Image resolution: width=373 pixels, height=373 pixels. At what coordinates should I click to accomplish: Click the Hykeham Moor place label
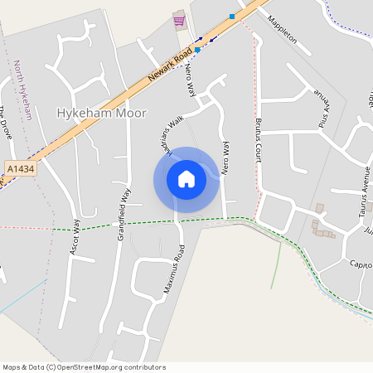(x=101, y=113)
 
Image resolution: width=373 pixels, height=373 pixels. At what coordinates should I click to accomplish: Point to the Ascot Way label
(x=75, y=237)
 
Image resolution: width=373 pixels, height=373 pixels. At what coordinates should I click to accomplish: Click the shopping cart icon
(x=179, y=20)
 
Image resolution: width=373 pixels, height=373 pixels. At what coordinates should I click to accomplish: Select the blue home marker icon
(x=186, y=179)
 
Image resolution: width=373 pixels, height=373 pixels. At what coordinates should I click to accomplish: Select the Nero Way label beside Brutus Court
(x=225, y=157)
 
